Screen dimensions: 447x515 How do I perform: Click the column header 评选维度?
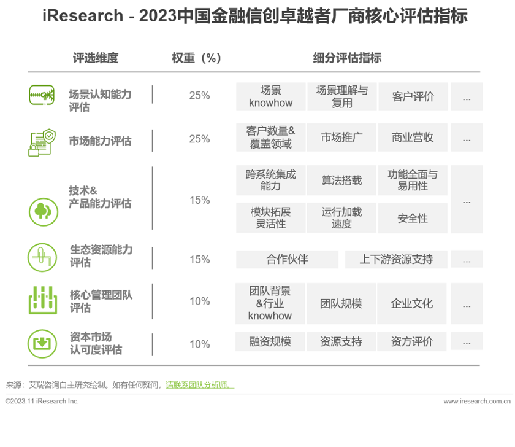[x=95, y=58]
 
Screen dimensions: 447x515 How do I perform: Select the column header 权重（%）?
[x=196, y=58]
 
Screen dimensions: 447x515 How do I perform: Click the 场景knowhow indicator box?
[x=270, y=96]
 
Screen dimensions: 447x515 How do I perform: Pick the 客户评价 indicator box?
[x=413, y=96]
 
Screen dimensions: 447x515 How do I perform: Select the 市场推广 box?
[x=341, y=138]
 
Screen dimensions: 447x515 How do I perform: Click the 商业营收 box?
[x=413, y=138]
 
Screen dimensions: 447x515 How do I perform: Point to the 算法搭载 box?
[x=341, y=181]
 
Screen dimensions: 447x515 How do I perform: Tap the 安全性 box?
[x=413, y=219]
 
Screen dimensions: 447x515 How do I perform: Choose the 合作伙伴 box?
[x=287, y=259]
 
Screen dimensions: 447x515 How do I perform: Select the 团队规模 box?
[x=341, y=303]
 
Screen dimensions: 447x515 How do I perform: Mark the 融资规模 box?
[x=270, y=342]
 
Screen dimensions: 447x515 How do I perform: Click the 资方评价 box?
[x=413, y=342]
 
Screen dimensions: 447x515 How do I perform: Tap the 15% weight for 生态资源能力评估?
[x=199, y=259]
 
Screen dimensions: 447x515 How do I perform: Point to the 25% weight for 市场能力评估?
[x=199, y=139]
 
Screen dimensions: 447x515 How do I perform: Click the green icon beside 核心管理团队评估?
[x=42, y=300]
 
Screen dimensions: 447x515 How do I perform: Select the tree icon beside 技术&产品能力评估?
[x=42, y=211]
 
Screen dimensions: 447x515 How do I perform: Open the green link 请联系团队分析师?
[x=200, y=385]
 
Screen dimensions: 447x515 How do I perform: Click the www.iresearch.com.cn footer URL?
[x=477, y=401]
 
